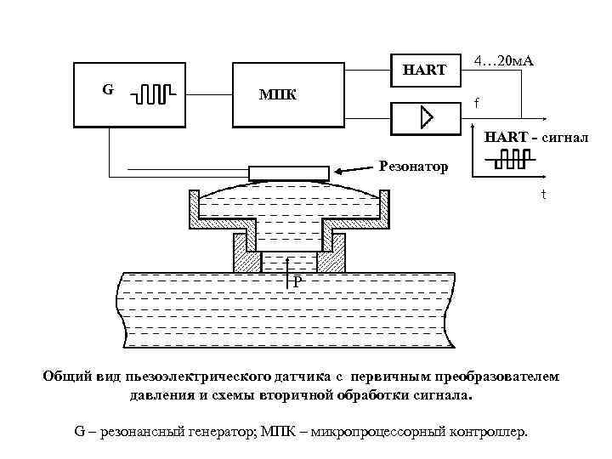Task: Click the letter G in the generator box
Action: click(x=108, y=88)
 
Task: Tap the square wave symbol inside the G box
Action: click(x=154, y=91)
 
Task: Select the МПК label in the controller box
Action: click(x=278, y=93)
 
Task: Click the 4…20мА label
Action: click(x=510, y=63)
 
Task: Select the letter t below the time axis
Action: click(x=545, y=194)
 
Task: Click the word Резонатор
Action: click(x=413, y=166)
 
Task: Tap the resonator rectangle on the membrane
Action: click(x=289, y=173)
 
